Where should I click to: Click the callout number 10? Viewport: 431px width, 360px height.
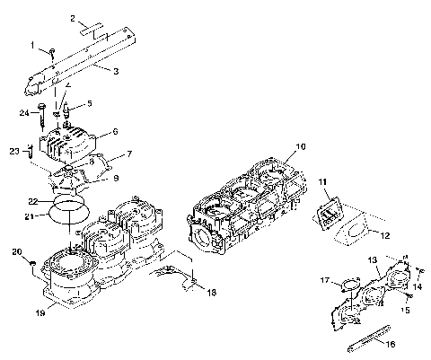tap(301, 145)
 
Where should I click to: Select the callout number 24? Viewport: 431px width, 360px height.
tap(24, 112)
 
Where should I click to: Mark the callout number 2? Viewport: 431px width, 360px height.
tap(72, 18)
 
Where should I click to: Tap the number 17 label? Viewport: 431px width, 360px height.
tap(323, 279)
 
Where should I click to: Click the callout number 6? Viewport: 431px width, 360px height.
tap(114, 132)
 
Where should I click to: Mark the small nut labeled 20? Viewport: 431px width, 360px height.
tap(33, 262)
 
